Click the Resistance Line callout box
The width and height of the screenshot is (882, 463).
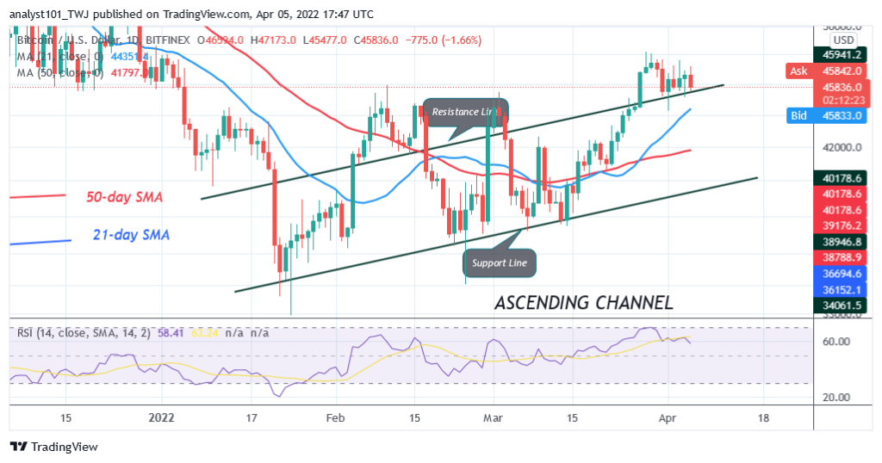pyautogui.click(x=465, y=112)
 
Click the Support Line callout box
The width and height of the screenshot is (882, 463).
pyautogui.click(x=499, y=262)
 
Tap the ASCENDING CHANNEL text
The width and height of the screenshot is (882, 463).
pyautogui.click(x=583, y=303)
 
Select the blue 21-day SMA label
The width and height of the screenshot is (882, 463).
pyautogui.click(x=130, y=235)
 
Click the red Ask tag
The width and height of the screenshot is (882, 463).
pyautogui.click(x=799, y=71)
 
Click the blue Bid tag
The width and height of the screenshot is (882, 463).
pyautogui.click(x=798, y=114)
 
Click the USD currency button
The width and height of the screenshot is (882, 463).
pyautogui.click(x=843, y=40)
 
